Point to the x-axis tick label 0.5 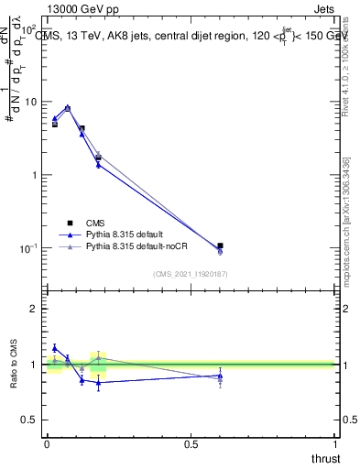pyautogui.click(x=191, y=445)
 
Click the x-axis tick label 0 pyautogui.click(x=47, y=445)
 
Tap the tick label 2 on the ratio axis pyautogui.click(x=36, y=309)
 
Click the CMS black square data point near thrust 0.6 pyautogui.click(x=220, y=245)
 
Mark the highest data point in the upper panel pyautogui.click(x=67, y=107)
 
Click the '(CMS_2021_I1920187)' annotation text pyautogui.click(x=190, y=274)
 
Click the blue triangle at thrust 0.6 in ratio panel pyautogui.click(x=220, y=376)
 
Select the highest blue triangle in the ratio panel pyautogui.click(x=55, y=348)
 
